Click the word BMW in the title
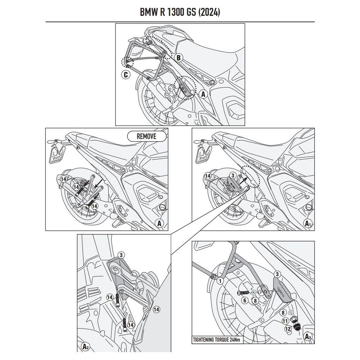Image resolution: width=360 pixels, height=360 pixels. pyautogui.click(x=148, y=12)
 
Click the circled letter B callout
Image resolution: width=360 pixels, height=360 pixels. pyautogui.click(x=178, y=58)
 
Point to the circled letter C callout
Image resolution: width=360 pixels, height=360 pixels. pyautogui.click(x=125, y=75)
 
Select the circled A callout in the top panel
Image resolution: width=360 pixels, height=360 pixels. pyautogui.click(x=203, y=94)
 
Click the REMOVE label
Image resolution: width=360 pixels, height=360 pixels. pyautogui.click(x=147, y=136)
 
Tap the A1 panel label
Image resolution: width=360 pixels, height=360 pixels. pyautogui.click(x=308, y=223)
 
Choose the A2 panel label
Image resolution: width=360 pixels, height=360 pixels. pyautogui.click(x=85, y=347)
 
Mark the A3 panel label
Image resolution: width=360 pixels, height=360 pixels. pyautogui.click(x=308, y=337)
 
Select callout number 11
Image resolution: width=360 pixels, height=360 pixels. pyautogui.click(x=285, y=321)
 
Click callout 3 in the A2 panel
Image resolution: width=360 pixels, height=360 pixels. pyautogui.click(x=121, y=255)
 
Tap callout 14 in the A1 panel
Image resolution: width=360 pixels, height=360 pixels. pyautogui.click(x=207, y=176)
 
